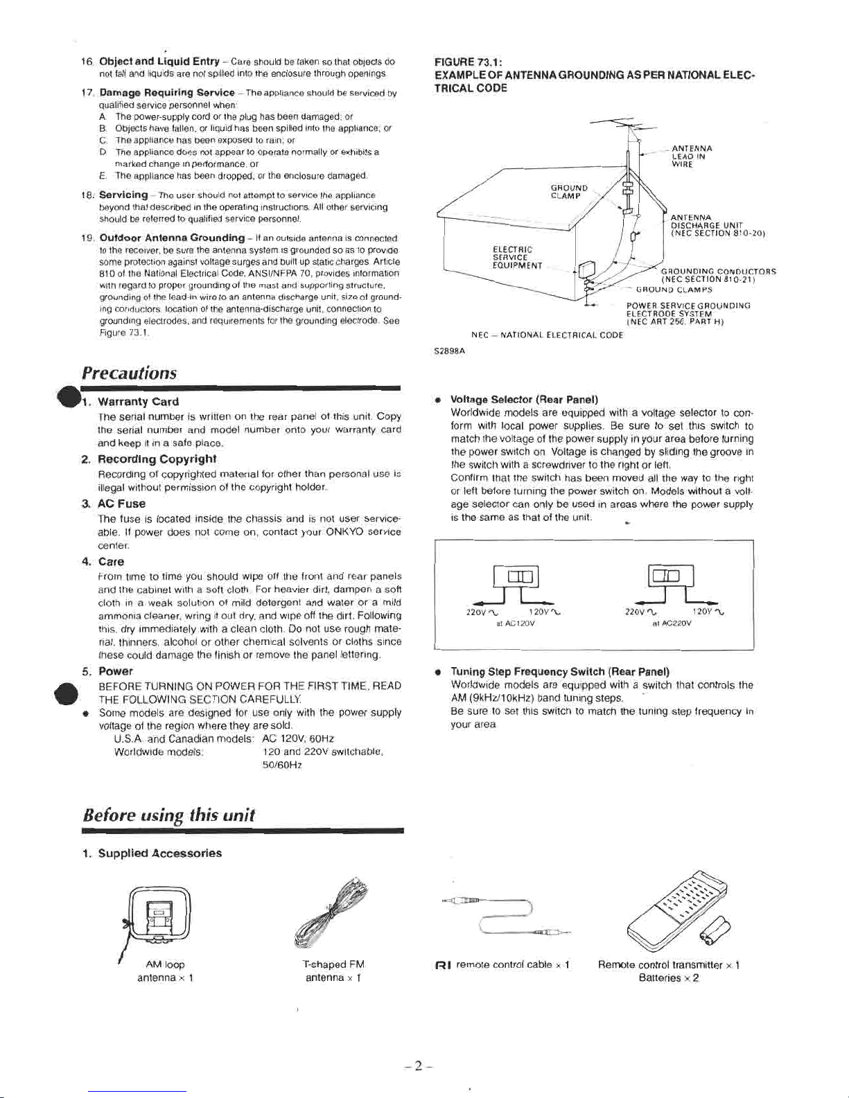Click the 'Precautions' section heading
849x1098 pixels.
point(130,373)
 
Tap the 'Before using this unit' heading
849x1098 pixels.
point(168,815)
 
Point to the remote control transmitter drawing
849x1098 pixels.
point(677,910)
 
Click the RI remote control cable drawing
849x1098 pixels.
point(505,916)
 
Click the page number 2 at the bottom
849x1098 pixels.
point(418,1066)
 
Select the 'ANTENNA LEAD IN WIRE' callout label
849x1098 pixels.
point(692,156)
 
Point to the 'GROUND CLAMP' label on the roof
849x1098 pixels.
point(568,192)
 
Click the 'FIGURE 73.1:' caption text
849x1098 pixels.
point(468,62)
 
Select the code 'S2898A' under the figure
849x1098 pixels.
point(449,350)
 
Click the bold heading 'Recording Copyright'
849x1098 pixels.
point(157,459)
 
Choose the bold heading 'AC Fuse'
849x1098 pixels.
point(122,503)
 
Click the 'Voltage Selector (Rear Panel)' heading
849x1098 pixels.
point(524,399)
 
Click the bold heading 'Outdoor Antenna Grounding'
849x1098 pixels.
point(172,238)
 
